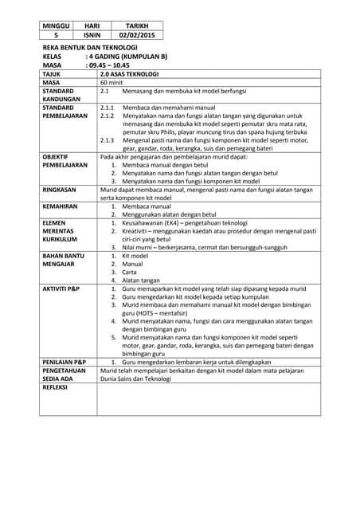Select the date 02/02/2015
(x=136, y=36)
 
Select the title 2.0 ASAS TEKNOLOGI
(x=126, y=75)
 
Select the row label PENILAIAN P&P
(x=65, y=363)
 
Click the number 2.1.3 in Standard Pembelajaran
(x=108, y=139)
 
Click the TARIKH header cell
(x=136, y=26)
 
